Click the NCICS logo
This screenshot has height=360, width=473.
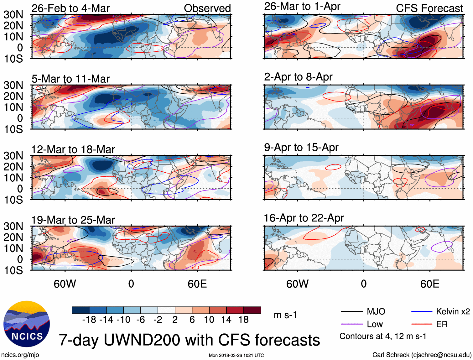tap(27, 324)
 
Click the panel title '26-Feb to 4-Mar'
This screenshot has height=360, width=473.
tap(70, 8)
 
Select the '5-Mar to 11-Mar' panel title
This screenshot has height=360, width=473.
tap(70, 79)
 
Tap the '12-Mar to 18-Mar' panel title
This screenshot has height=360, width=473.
tap(73, 149)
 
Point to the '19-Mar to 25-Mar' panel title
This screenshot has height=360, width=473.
tap(73, 220)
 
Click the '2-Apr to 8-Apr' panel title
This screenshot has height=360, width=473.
tap(298, 77)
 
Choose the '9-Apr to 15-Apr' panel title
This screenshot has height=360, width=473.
tap(301, 147)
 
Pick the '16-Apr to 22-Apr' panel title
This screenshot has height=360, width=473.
tap(304, 218)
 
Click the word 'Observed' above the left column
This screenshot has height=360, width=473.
tap(207, 8)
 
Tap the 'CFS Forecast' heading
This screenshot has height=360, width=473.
tap(429, 8)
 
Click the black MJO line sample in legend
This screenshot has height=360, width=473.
tap(352, 311)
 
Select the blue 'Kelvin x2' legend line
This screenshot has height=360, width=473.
tap(422, 311)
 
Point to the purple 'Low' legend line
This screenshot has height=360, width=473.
tap(352, 324)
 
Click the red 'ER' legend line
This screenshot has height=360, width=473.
tap(422, 324)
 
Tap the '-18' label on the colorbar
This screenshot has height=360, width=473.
tap(89, 320)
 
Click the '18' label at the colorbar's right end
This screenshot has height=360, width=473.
tap(243, 320)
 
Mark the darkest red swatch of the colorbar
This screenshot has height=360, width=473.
tap(252, 310)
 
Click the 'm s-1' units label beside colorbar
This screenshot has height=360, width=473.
tap(285, 315)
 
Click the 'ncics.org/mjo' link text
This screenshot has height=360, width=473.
tap(20, 355)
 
